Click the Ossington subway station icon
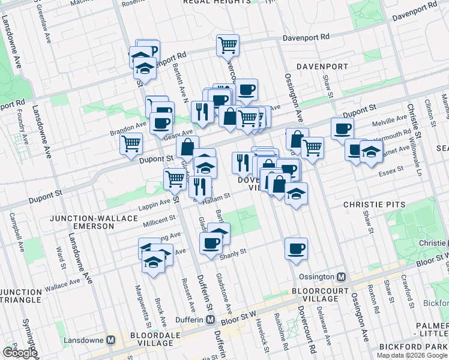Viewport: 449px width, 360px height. click(x=341, y=277)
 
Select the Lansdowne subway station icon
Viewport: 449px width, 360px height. click(x=110, y=340)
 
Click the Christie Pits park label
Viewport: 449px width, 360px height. click(x=370, y=205)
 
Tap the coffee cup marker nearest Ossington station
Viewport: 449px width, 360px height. click(x=297, y=248)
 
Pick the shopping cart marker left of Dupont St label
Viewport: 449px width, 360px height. click(x=131, y=144)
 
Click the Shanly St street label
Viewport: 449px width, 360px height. click(x=235, y=252)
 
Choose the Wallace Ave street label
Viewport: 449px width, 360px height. click(x=62, y=284)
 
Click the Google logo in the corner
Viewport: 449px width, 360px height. click(x=19, y=353)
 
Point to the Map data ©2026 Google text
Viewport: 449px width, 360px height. click(x=412, y=355)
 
